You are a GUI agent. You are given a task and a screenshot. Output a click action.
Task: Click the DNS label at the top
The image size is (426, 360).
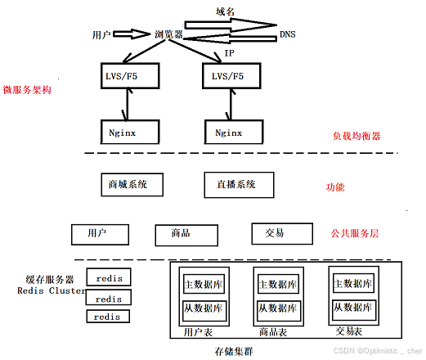288,34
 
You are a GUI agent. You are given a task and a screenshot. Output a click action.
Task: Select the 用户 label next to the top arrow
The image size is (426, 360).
101,34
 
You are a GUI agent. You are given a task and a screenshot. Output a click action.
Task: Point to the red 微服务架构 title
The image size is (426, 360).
27,90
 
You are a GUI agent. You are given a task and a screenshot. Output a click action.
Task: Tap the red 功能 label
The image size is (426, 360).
335,187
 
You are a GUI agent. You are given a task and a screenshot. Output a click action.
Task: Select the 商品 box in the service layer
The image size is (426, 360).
181,234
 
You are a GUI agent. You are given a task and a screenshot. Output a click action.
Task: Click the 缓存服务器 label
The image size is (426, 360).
50,278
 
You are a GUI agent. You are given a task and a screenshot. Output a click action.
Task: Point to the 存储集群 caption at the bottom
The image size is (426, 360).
234,351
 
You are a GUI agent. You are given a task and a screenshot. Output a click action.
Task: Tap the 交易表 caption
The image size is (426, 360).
350,332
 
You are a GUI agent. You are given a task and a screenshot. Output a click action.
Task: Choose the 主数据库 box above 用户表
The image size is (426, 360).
204,285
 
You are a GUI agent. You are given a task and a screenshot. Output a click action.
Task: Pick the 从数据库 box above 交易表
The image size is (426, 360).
353,309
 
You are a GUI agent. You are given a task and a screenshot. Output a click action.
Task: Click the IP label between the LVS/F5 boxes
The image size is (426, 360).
230,53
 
